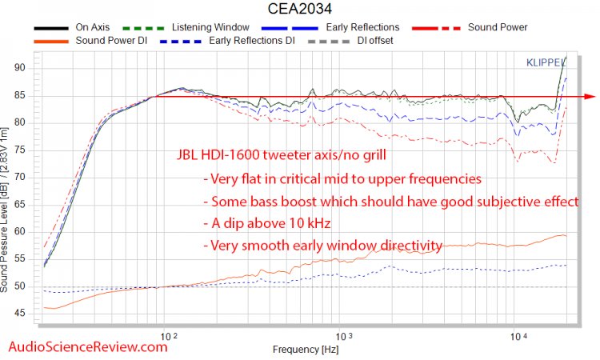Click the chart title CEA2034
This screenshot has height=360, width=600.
point(299,9)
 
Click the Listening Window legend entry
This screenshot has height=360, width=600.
point(211,27)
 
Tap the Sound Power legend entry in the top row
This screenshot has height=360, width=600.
point(497,27)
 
